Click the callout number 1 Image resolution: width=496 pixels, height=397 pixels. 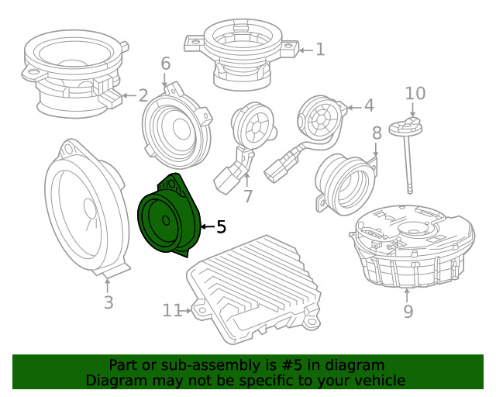320,50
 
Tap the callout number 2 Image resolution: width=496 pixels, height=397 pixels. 143,96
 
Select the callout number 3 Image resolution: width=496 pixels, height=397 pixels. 108,303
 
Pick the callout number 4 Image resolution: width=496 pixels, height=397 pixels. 369,105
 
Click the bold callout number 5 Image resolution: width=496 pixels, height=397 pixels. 221,227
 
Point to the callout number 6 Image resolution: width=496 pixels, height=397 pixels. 165,64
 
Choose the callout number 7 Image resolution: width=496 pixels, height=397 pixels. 248,197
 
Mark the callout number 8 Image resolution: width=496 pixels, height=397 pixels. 377,133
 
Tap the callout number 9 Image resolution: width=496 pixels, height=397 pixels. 408,312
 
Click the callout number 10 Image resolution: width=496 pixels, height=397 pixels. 415,94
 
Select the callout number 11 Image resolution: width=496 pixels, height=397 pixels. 172,311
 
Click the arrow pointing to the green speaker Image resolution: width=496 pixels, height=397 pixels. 207,227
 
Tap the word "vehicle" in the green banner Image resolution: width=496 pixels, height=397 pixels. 377,380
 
